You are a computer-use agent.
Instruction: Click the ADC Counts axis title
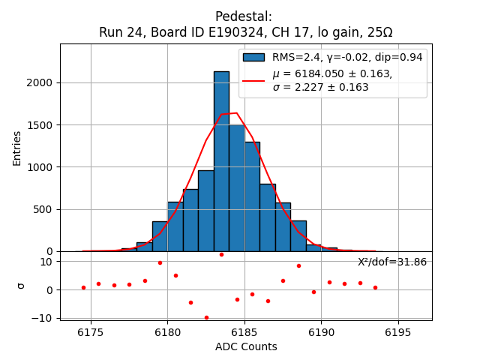(246, 346)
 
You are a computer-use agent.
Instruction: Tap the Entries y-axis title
(17, 148)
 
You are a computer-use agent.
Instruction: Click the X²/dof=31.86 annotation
(391, 262)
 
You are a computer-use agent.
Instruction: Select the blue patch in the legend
(253, 57)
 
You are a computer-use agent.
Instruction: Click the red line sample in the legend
(253, 79)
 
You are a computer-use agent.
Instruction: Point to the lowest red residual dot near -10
(206, 317)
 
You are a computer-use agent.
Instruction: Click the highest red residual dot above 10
(221, 254)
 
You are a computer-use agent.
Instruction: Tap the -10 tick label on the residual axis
(43, 318)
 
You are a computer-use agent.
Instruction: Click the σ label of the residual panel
(21, 286)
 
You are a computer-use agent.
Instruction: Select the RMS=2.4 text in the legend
(289, 57)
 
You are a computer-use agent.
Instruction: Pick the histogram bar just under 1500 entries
(237, 187)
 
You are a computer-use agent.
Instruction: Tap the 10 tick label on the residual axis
(46, 262)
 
